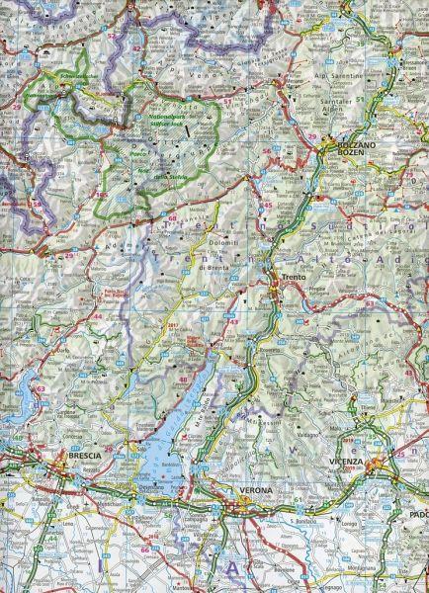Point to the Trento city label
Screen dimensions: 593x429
click(x=294, y=278)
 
